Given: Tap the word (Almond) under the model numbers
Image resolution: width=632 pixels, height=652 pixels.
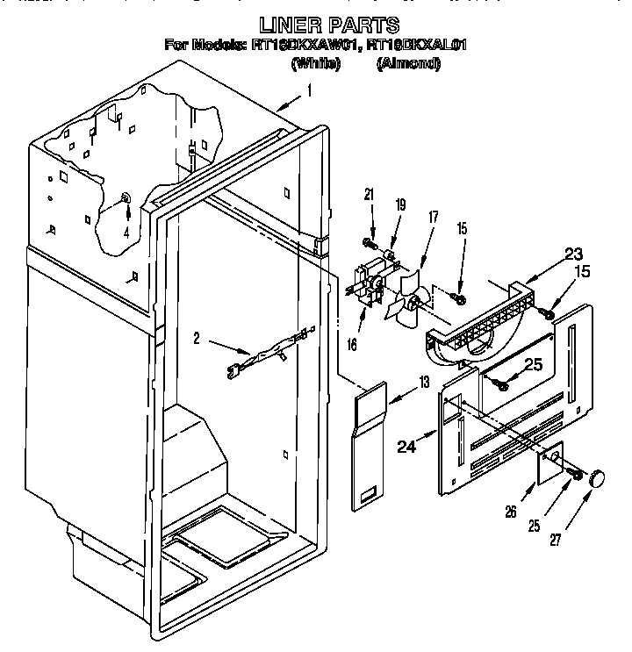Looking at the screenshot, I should (x=408, y=63).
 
